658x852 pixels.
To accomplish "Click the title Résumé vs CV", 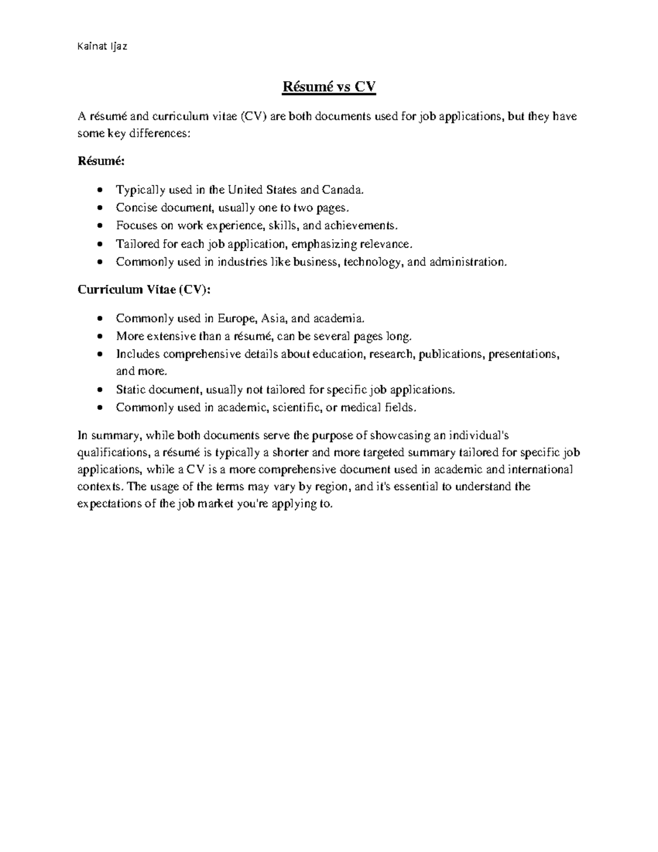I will click(x=328, y=87).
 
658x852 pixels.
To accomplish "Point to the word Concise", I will click(x=135, y=208).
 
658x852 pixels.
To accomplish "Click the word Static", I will click(x=131, y=390).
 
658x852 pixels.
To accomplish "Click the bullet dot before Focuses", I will click(x=99, y=226).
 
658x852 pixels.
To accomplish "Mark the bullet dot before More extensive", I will click(x=99, y=337).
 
